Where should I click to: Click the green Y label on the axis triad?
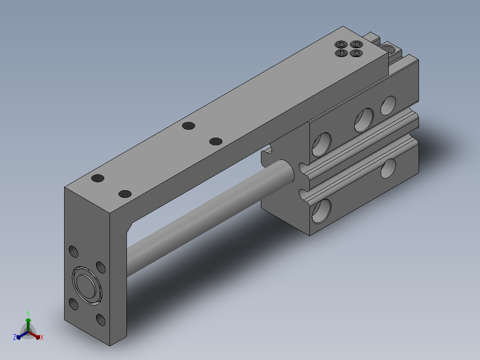tap(28, 313)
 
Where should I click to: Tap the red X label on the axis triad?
tap(42, 337)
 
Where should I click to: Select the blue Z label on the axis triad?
tap(15, 337)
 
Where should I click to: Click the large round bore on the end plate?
tap(87, 286)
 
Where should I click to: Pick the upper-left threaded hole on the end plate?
tap(73, 252)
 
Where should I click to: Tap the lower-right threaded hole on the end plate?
tap(101, 319)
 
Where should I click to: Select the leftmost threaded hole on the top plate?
tap(98, 178)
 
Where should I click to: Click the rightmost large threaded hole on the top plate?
tap(216, 141)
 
